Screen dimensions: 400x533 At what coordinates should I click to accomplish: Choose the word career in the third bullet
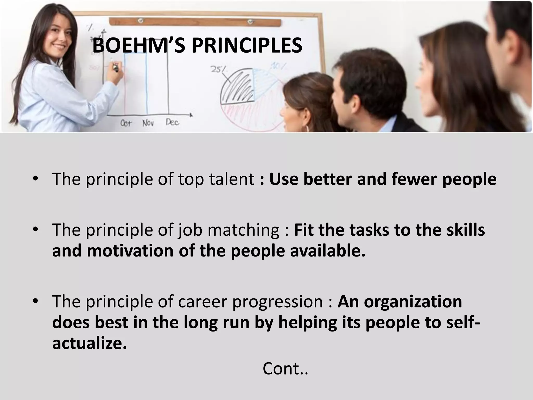click(x=203, y=302)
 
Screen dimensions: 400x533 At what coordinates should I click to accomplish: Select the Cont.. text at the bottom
click(x=285, y=369)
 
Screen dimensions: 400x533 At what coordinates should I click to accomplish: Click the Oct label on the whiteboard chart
click(x=126, y=123)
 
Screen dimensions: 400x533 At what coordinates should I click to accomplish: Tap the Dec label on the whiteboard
click(x=172, y=122)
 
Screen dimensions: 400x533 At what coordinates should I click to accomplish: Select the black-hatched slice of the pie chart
click(x=238, y=87)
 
